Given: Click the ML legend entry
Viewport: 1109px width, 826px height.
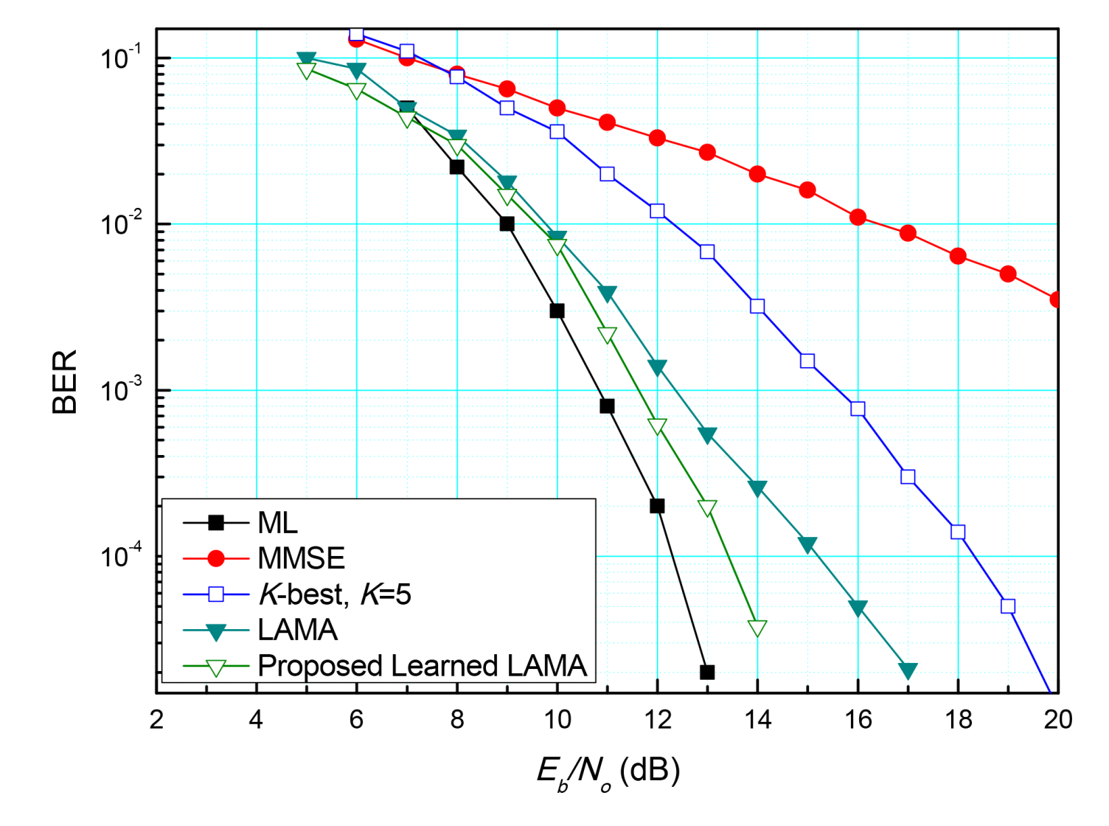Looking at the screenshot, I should click(x=278, y=523).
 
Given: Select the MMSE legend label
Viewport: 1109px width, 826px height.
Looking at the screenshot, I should click(x=301, y=558).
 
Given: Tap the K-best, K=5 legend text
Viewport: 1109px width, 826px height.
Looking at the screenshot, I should click(x=334, y=594).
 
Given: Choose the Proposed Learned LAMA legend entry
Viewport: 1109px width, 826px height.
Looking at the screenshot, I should click(x=422, y=666).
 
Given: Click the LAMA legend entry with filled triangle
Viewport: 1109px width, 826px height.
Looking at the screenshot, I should click(x=297, y=630).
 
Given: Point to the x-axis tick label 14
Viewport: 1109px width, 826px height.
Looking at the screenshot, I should click(x=757, y=720).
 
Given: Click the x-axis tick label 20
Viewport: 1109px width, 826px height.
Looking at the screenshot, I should click(x=1057, y=720).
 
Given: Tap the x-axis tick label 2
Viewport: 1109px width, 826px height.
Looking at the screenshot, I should click(x=156, y=720).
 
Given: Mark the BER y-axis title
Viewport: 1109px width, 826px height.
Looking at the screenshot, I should click(x=65, y=381).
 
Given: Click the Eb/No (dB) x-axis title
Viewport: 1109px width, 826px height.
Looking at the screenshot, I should click(x=608, y=772).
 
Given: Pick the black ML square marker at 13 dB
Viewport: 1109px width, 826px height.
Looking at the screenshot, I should click(x=707, y=672).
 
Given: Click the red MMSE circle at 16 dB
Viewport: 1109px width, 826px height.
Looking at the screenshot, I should click(x=858, y=217).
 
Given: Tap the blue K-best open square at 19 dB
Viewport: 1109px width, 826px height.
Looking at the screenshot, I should click(x=1008, y=606).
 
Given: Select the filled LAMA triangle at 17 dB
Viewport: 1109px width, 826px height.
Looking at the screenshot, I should click(x=908, y=670).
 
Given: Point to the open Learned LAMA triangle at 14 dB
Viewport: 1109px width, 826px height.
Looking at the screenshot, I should click(x=757, y=628).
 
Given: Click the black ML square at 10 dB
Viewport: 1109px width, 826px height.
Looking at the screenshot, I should click(x=557, y=310).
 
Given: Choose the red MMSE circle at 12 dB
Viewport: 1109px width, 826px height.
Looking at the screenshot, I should click(x=657, y=138).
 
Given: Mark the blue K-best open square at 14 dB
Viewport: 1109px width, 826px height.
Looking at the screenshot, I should click(x=757, y=306).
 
